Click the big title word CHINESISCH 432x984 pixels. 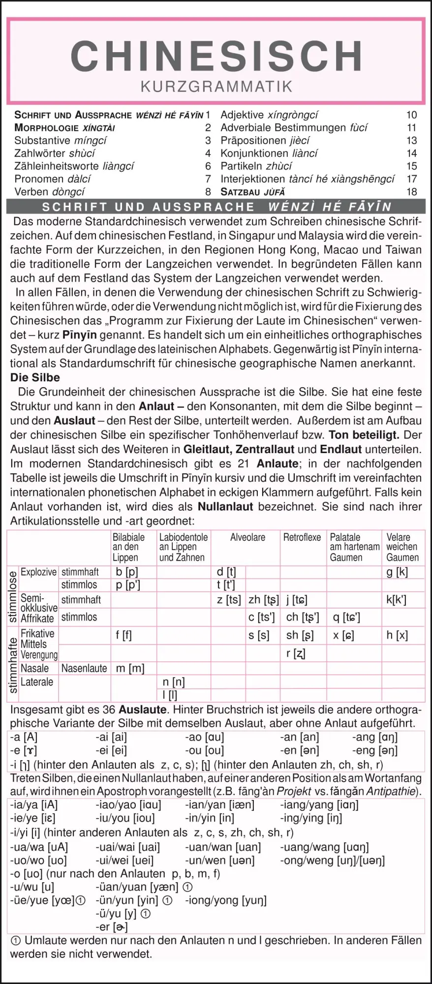216,56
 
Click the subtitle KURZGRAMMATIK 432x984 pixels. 216,87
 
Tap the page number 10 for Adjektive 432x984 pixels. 411,115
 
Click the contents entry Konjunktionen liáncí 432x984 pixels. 269,154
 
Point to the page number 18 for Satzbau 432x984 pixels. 411,192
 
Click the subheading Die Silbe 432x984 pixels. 35,378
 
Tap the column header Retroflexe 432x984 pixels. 302,537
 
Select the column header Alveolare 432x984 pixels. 247,537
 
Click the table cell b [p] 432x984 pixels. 126,572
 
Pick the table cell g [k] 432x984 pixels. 397,572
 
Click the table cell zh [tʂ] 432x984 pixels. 264,600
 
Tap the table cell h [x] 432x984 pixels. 397,635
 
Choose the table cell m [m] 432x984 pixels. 130,668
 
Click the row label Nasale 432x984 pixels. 34,668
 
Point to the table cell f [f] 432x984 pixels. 123,635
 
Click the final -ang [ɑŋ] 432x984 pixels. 374,737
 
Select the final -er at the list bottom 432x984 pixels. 112,927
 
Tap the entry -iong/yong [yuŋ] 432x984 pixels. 226,900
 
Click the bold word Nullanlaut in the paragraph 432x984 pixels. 225,506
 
